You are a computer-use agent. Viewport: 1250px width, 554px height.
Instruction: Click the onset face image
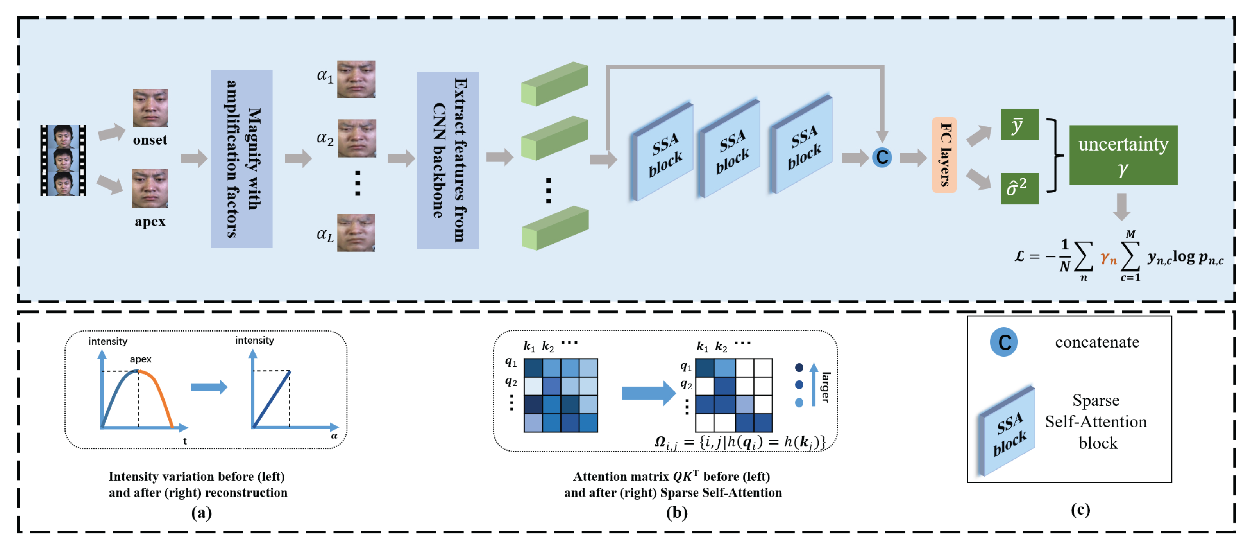point(150,108)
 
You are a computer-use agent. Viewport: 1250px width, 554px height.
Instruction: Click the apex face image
point(150,188)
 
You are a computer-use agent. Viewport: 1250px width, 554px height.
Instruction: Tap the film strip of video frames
point(63,160)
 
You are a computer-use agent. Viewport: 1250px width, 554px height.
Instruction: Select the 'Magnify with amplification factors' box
point(241,159)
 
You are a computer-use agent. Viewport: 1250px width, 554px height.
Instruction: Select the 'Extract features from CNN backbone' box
point(447,160)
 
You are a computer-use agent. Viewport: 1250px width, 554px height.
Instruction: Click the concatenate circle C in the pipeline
point(882,157)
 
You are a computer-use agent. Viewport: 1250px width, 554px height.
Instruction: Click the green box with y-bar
point(1019,125)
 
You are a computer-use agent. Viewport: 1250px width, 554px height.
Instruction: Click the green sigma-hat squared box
point(1019,188)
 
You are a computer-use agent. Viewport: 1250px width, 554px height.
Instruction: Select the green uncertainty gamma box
point(1123,155)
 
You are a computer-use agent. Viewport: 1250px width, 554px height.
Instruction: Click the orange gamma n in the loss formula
point(1108,258)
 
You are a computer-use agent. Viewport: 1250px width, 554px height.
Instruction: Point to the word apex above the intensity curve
point(140,359)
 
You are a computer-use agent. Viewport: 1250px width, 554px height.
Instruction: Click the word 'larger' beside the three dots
point(825,387)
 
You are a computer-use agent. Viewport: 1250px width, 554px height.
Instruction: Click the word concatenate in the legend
point(1097,342)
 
